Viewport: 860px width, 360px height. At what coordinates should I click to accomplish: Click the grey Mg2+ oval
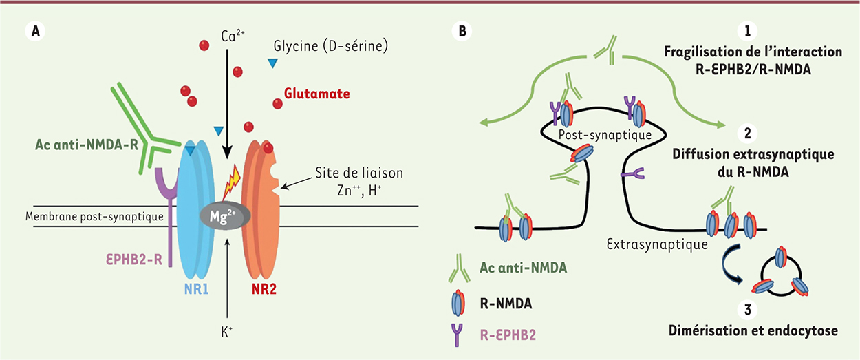[x=225, y=216]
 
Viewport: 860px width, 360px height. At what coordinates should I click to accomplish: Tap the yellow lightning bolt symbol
[x=232, y=183]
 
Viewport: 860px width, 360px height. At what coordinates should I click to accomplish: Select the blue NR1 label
[x=196, y=289]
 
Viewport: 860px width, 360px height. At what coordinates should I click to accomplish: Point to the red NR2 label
[x=264, y=289]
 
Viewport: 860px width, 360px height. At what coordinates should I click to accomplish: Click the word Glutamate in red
[x=316, y=94]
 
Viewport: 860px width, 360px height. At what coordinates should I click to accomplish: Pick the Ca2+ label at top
[x=233, y=36]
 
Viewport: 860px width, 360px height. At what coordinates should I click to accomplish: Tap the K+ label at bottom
[x=227, y=332]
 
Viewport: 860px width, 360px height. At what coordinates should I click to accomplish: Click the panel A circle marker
[x=35, y=31]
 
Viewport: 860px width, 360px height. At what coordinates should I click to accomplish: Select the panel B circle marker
[x=462, y=31]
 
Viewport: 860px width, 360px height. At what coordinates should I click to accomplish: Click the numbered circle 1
[x=747, y=31]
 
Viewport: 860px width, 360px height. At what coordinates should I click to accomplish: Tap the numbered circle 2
[x=747, y=133]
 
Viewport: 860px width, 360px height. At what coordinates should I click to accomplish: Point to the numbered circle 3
[x=747, y=310]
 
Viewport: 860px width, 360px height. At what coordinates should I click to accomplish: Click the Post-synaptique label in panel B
[x=605, y=135]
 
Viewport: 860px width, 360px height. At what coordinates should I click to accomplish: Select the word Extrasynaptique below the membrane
[x=657, y=244]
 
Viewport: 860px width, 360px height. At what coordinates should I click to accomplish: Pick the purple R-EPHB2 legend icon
[x=457, y=335]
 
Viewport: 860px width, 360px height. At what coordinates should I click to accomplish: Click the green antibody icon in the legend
[x=459, y=268]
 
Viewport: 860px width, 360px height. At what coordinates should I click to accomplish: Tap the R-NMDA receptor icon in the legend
[x=458, y=303]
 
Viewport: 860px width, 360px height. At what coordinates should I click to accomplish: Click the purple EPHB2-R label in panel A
[x=134, y=260]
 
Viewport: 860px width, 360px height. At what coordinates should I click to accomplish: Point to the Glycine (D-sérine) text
[x=330, y=47]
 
